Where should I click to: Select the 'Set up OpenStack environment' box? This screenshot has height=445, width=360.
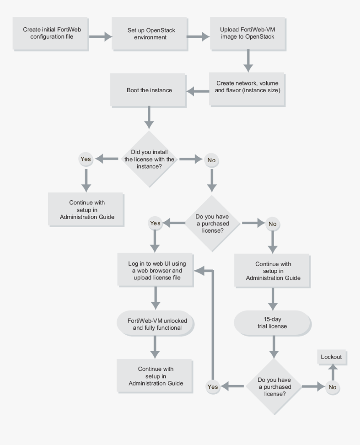[x=149, y=34]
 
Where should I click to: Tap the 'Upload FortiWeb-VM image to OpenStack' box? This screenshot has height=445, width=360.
[x=247, y=34]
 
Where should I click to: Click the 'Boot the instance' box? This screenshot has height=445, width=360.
[x=149, y=90]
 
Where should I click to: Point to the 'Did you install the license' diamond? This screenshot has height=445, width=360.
[x=149, y=159]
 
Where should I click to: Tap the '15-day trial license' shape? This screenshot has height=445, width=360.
[x=273, y=323]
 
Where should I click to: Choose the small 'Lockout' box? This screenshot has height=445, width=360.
[x=331, y=357]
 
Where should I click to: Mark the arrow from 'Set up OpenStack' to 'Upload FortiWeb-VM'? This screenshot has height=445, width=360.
[x=198, y=36]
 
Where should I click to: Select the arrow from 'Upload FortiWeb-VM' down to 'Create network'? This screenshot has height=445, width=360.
[x=249, y=62]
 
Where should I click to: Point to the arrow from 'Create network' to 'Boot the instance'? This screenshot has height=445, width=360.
[x=197, y=90]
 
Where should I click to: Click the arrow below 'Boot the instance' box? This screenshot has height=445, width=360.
[x=149, y=118]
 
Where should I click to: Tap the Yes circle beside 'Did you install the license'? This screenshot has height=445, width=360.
[x=85, y=159]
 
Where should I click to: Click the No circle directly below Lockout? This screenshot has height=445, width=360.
[x=332, y=387]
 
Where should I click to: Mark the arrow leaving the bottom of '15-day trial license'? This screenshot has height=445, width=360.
[x=273, y=347]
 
